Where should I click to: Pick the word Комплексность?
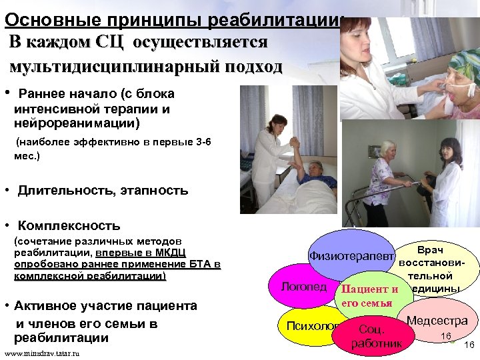click(x=69, y=225)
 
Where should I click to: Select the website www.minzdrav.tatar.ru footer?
click(x=41, y=353)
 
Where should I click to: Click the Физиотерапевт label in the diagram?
click(x=350, y=256)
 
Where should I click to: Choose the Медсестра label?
click(x=437, y=321)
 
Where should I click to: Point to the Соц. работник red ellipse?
click(x=377, y=337)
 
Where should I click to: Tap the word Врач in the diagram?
click(x=433, y=247)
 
